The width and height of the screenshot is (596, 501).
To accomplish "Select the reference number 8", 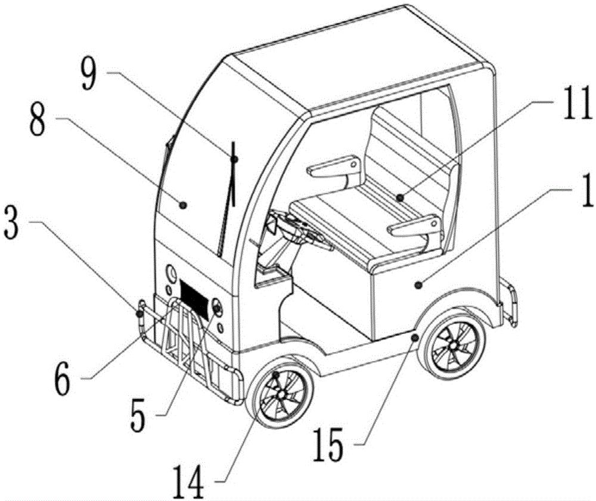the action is coord(38,120).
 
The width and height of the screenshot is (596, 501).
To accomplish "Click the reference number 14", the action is coord(188,484).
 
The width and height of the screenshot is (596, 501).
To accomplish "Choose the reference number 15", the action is coord(328,444).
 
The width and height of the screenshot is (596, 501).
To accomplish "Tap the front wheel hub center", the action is coord(281,395).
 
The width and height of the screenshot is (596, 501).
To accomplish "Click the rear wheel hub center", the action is coord(453,345).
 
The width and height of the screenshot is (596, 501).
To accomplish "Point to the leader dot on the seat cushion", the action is coord(399,197).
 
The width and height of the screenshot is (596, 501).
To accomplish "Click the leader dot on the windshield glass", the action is coord(183,205).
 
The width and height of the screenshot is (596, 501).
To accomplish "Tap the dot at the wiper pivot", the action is coord(234,159).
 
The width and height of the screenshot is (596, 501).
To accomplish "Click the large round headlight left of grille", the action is coord(171,274).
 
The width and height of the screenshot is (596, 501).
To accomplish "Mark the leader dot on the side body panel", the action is coord(418,284).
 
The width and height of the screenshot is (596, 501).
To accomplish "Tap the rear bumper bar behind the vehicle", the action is coord(510,303).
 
